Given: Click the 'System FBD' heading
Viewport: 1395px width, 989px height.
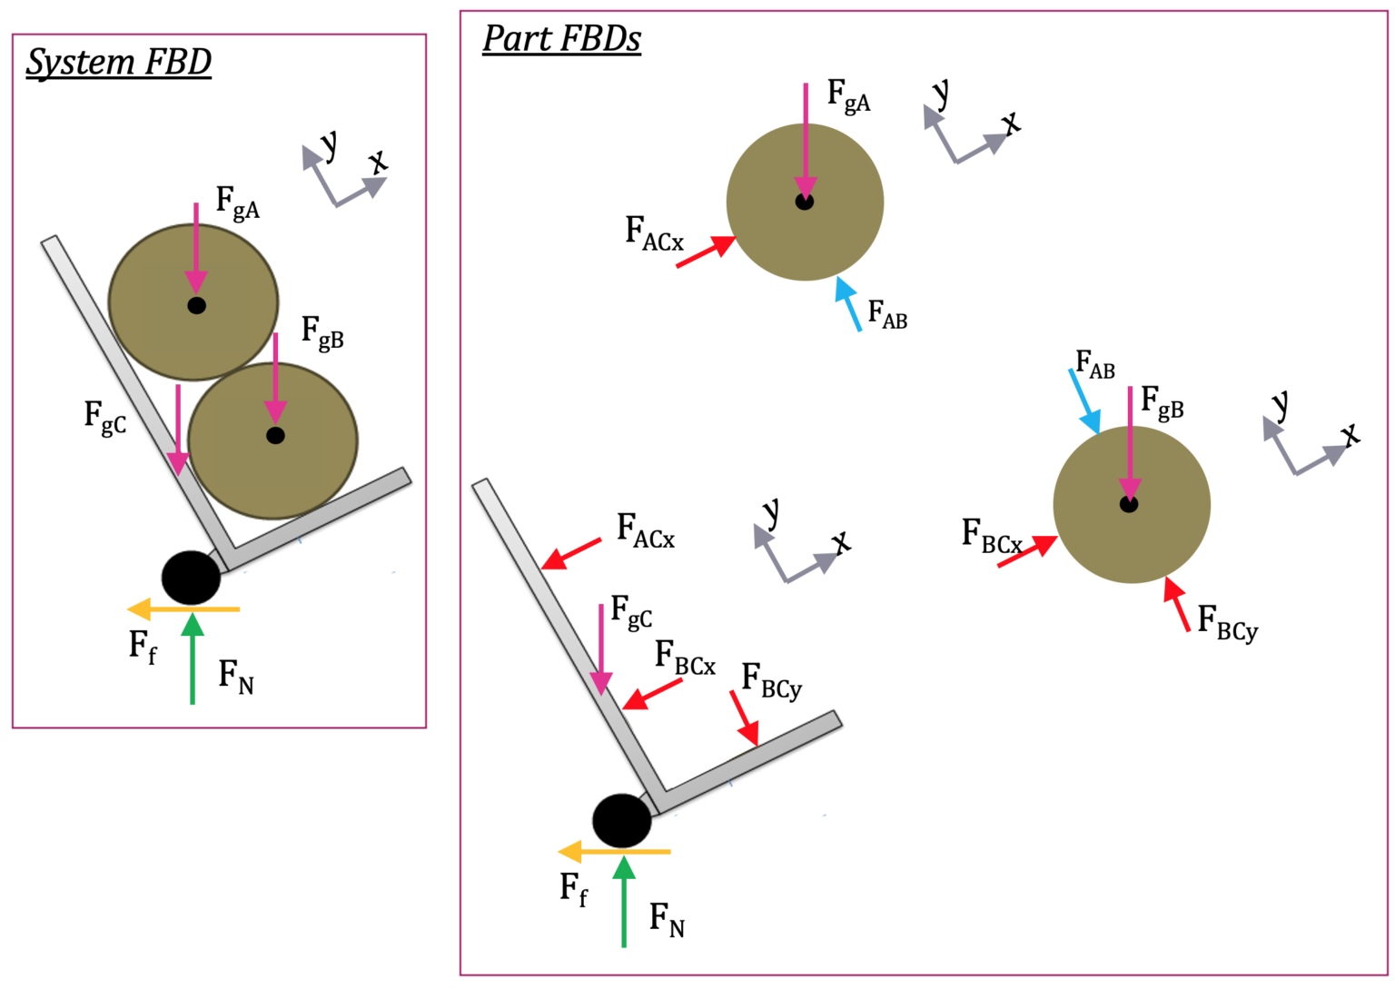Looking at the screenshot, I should (x=118, y=62).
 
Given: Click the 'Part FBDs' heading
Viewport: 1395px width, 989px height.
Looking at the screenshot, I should (x=561, y=38).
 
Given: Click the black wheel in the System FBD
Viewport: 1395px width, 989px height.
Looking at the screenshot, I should (x=191, y=578).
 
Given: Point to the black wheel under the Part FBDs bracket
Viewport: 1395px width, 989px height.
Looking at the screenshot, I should (x=622, y=820).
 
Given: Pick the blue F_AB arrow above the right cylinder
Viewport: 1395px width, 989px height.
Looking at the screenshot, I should (x=1085, y=401).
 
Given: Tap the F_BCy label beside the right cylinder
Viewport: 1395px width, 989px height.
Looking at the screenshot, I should (x=1227, y=623).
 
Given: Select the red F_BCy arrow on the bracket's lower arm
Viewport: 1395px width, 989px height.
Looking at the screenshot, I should (x=744, y=717).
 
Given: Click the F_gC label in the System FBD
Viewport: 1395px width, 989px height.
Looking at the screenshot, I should (x=105, y=419).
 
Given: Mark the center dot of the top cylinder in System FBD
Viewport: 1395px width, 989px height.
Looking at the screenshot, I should (x=196, y=306).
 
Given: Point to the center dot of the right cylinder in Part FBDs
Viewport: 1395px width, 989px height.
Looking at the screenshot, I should (x=1129, y=504).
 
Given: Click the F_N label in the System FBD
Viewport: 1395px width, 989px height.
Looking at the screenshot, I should (x=236, y=677).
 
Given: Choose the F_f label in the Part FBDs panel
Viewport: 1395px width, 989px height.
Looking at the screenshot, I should (x=573, y=888).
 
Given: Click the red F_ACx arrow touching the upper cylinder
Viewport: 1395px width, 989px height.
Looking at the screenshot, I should (x=706, y=252).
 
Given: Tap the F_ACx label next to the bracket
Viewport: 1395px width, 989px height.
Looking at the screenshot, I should (x=646, y=530).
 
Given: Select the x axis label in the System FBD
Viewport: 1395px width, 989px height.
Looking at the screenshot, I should (x=378, y=162).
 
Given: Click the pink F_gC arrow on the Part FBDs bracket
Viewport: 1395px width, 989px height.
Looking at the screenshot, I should (x=600, y=649).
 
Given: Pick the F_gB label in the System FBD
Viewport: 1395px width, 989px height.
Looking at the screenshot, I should (x=322, y=332).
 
